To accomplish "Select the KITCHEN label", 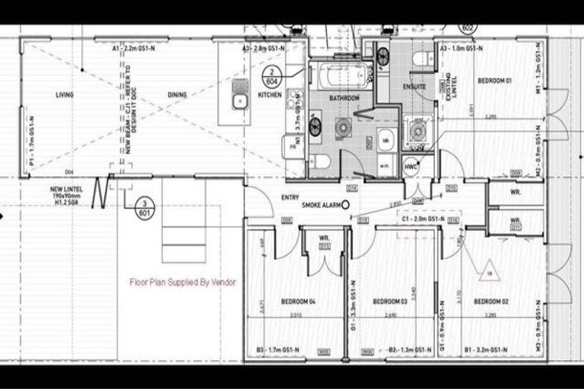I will coord(269,95).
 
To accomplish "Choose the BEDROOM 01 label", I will coord(494,81).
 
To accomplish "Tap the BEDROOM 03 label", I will coord(390,302).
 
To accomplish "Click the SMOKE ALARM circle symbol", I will coord(346,204).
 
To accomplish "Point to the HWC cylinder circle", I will coord(411,166).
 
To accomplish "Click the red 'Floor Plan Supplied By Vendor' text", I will coord(183,282).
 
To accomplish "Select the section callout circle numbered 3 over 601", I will coord(142,208).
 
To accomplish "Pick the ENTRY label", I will coord(290,197).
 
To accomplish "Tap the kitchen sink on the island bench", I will coord(238,101).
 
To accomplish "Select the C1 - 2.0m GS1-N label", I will coord(423,219).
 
